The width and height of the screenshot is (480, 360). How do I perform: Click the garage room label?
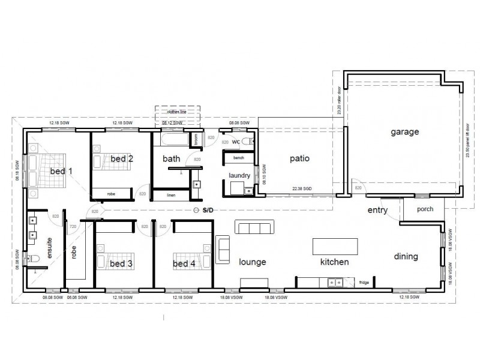[404, 131]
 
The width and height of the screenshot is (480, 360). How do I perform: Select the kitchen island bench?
[335, 246]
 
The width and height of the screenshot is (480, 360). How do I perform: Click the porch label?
[425, 209]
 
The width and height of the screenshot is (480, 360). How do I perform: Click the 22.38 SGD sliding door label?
[303, 188]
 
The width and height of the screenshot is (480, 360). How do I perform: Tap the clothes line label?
[177, 112]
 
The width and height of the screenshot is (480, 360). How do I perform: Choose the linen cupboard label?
[171, 196]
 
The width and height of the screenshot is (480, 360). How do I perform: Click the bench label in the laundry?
[238, 157]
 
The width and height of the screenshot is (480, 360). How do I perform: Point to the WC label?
[236, 142]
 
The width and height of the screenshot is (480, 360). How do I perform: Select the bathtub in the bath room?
[172, 140]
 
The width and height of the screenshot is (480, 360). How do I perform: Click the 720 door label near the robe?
[73, 227]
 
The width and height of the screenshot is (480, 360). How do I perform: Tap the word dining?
[406, 256]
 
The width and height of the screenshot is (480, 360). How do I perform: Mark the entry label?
[377, 211]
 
